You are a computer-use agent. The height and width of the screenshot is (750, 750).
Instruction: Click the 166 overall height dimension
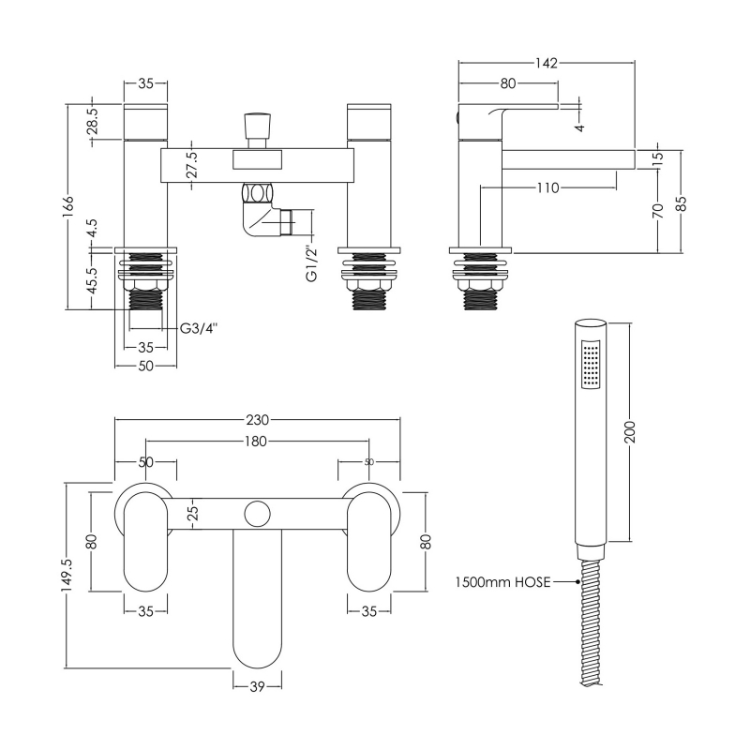(x=68, y=206)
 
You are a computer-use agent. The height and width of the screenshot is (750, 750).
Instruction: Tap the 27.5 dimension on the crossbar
(x=192, y=165)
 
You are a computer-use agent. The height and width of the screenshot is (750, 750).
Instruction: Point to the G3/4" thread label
(x=199, y=328)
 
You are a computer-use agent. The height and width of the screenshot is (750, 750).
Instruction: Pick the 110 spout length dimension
(x=548, y=187)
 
